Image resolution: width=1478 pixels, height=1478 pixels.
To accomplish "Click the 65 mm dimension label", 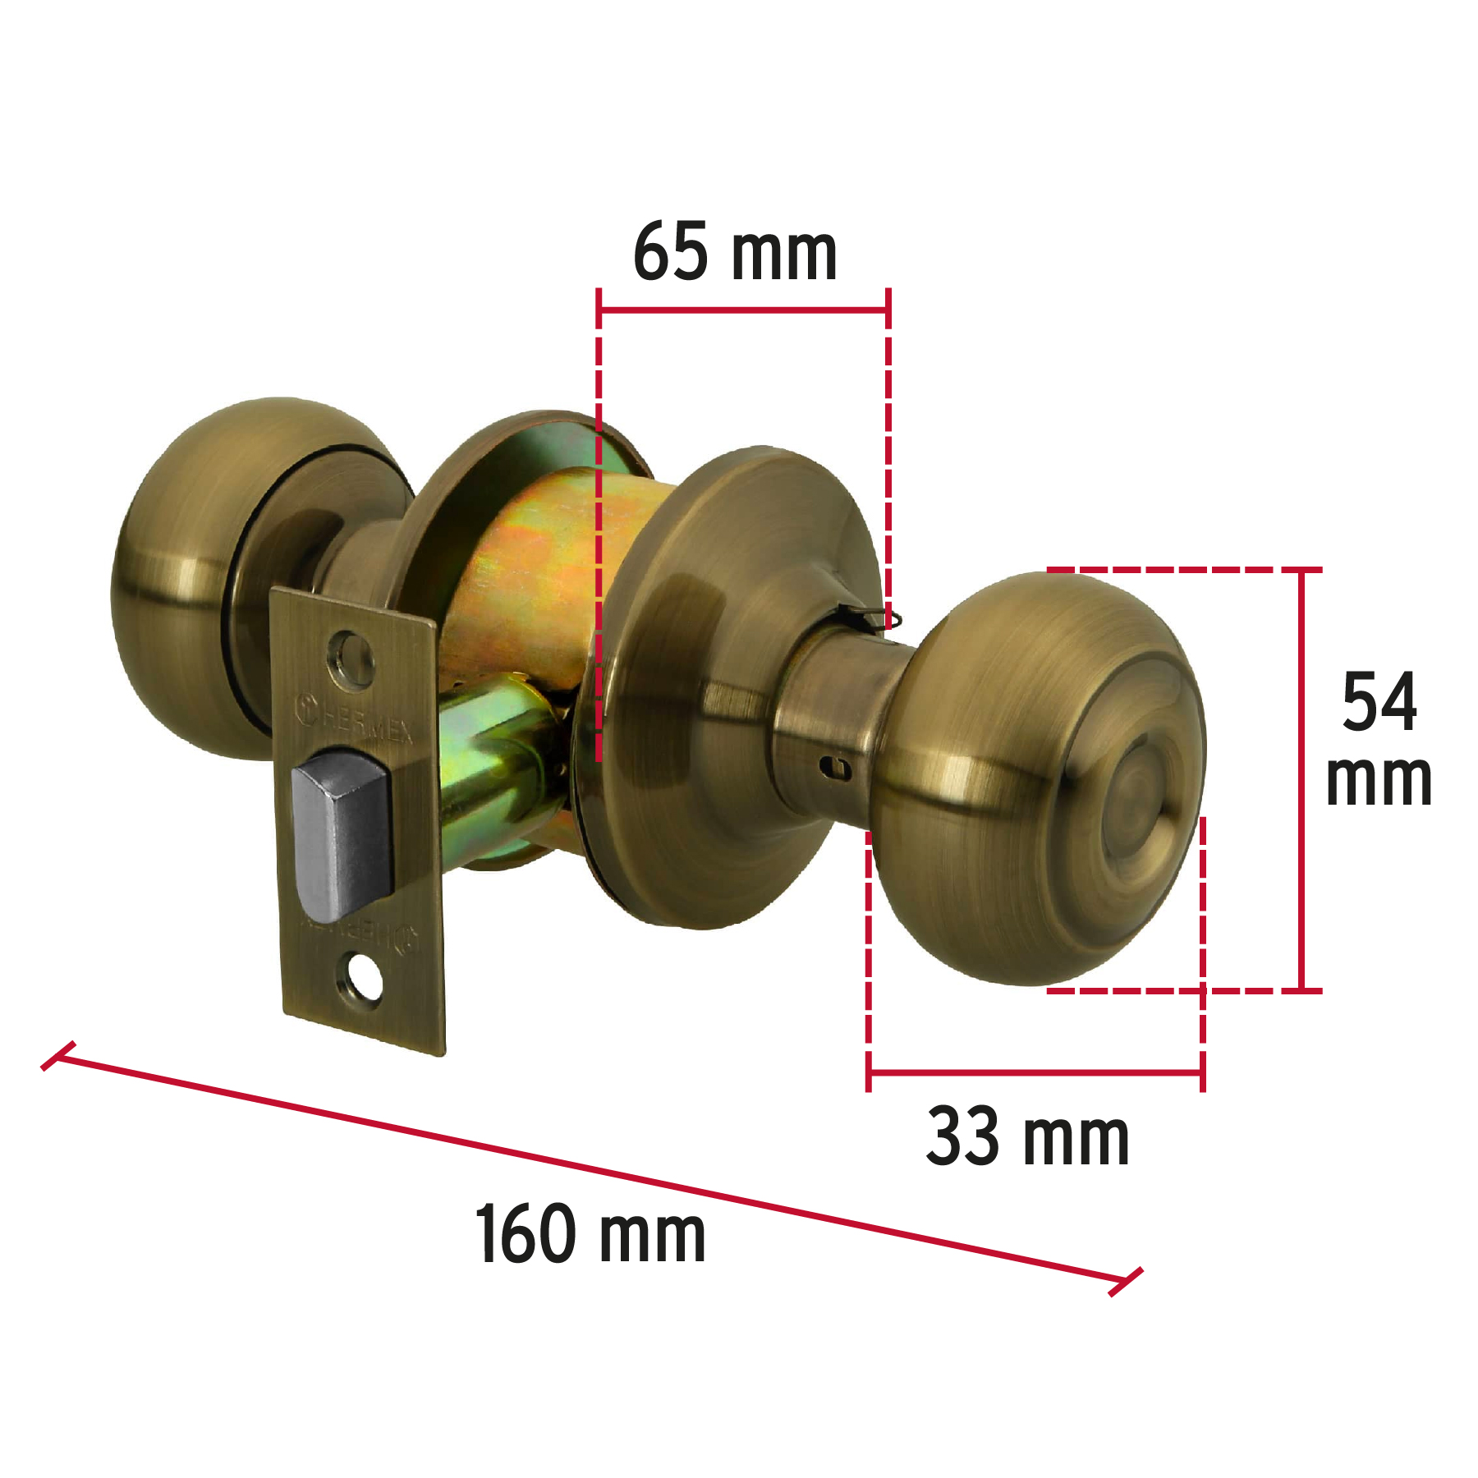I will pos(735,253).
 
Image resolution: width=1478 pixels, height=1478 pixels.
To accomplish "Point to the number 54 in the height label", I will pos(1379,702).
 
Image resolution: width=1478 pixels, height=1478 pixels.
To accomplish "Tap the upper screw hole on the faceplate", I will pos(351,657).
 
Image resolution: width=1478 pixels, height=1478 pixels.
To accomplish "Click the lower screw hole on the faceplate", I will pos(364,977).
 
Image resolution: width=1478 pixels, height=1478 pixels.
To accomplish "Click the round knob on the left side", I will pos(189,575).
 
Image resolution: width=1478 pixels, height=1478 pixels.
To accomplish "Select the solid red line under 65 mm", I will pos(743,310).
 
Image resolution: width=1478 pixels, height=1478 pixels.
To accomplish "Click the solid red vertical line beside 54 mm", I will pos(1301,780).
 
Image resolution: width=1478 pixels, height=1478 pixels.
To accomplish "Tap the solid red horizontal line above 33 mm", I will pos(1035,1072).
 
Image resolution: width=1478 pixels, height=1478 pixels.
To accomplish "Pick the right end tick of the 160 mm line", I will pos(1125,1282).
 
